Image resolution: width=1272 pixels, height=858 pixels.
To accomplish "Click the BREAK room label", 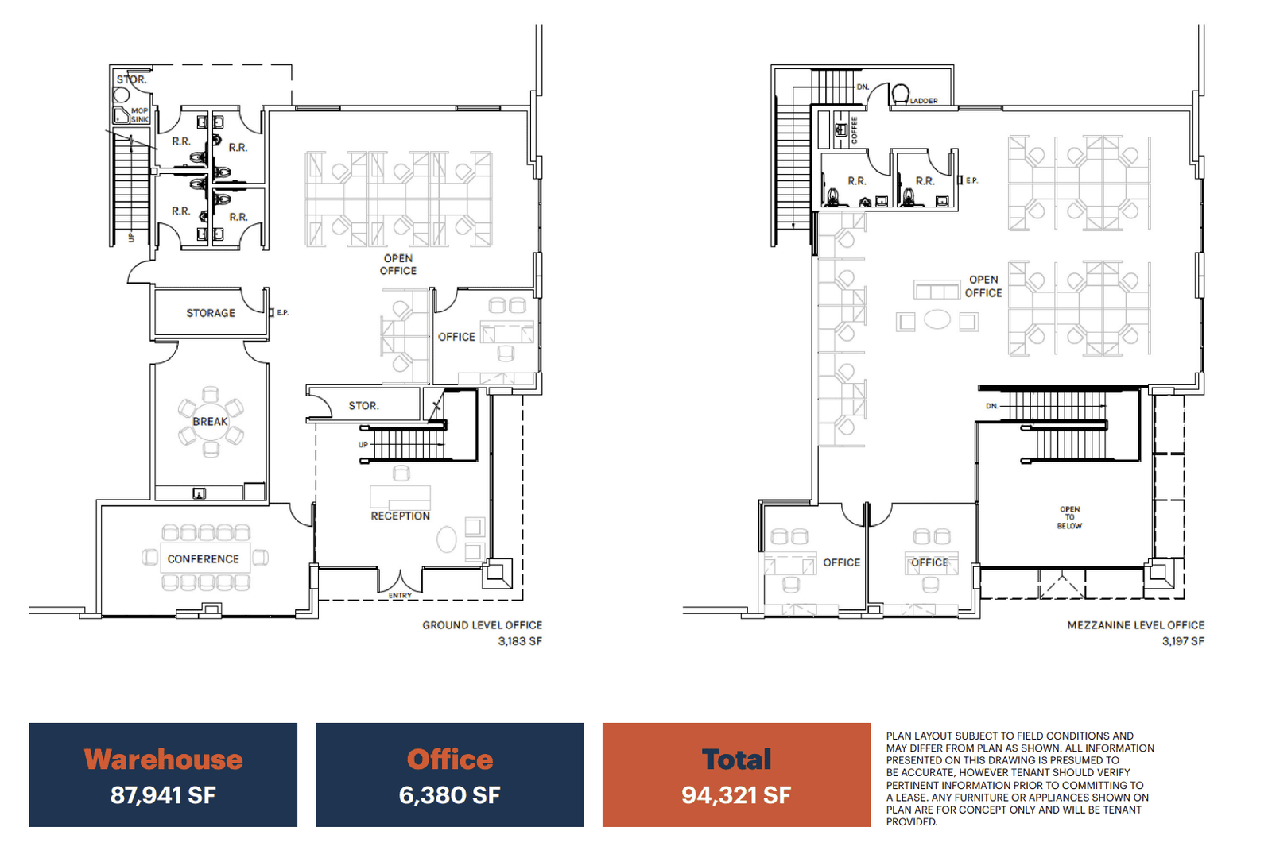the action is (x=210, y=422).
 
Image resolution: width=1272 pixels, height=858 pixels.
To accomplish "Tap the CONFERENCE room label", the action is (x=204, y=559).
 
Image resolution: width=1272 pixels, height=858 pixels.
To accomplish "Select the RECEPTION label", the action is (x=401, y=516).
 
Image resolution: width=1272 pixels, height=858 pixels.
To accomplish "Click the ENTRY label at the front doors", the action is (x=401, y=595).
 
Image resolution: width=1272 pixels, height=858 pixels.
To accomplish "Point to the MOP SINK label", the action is (x=140, y=115).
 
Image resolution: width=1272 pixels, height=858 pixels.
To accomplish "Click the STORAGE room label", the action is (x=211, y=313).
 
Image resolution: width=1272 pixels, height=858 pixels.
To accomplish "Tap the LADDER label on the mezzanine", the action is (x=924, y=101).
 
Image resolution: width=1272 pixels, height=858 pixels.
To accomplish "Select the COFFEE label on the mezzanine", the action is (x=854, y=130).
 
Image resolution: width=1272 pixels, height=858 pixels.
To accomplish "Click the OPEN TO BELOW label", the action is (x=1069, y=517).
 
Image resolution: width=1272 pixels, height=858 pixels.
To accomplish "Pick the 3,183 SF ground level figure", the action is (x=520, y=641).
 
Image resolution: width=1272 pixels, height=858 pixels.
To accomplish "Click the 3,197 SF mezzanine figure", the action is (x=1183, y=641).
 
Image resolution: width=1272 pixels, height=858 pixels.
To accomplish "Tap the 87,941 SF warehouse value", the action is (x=163, y=795).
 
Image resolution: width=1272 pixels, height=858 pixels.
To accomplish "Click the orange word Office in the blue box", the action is (x=450, y=759).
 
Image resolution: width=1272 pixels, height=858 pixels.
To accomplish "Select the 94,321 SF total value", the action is (x=736, y=795).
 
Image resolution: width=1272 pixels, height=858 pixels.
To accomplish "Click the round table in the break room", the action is (x=210, y=422).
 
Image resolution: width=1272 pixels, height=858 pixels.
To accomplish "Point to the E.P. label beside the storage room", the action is (x=283, y=313).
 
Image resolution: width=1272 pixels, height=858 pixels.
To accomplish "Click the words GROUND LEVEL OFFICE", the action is (x=482, y=625).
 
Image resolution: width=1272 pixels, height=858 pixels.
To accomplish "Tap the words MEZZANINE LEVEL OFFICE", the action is (x=1136, y=625).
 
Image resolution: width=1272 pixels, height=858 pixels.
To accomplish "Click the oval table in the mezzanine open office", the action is (x=937, y=319).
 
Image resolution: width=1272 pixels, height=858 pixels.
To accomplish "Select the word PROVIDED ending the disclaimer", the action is (x=911, y=821).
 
